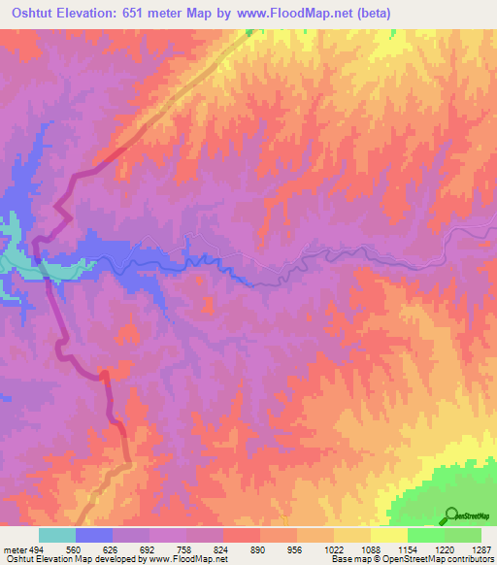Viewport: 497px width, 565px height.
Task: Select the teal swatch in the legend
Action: (57, 536)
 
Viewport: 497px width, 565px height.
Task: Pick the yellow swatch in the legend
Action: (388, 536)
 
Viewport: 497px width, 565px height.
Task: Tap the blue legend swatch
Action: (94, 536)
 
